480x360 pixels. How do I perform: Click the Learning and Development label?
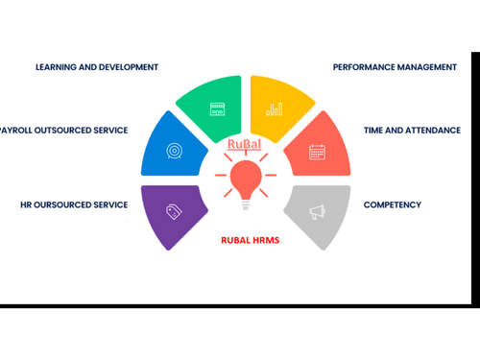click(97, 67)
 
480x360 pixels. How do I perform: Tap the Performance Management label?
click(395, 67)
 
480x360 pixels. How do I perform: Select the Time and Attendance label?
click(412, 130)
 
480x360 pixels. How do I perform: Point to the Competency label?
click(392, 204)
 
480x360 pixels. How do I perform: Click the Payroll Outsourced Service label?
click(63, 130)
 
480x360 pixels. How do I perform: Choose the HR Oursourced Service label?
click(74, 204)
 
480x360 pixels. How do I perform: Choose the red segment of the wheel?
click(316, 149)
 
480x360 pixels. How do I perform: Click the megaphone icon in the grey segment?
click(318, 212)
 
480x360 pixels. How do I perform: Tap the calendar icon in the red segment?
click(318, 151)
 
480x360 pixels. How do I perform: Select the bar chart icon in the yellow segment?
click(275, 109)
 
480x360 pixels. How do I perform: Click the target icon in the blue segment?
click(175, 151)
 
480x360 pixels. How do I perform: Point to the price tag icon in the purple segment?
click(174, 212)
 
